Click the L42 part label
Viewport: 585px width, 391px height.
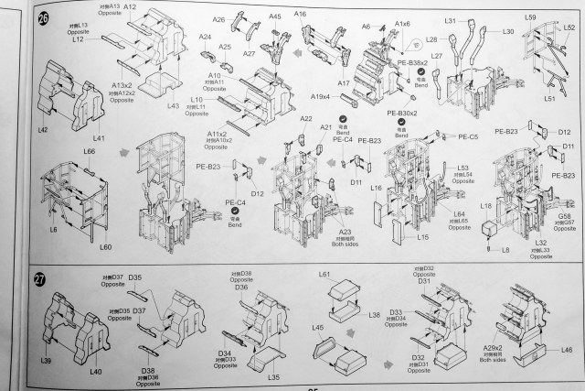43,130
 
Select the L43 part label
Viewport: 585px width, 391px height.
173,106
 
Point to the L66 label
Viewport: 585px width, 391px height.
89,151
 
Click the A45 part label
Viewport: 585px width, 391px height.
275,16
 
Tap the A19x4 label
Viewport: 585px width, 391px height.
320,96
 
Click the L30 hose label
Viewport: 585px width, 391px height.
507,31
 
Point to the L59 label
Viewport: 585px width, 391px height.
531,17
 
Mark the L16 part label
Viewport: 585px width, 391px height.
376,186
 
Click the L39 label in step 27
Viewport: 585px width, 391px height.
46,362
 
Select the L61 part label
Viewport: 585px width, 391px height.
324,275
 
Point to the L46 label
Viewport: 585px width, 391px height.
566,350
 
